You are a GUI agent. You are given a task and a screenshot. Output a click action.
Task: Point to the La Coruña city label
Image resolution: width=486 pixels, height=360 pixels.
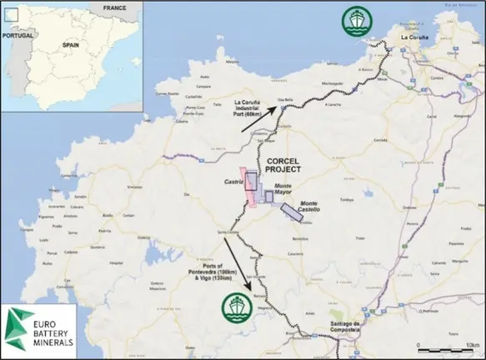tap(418, 37)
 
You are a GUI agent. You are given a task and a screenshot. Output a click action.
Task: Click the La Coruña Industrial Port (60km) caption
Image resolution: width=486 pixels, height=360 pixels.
tap(255, 107)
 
